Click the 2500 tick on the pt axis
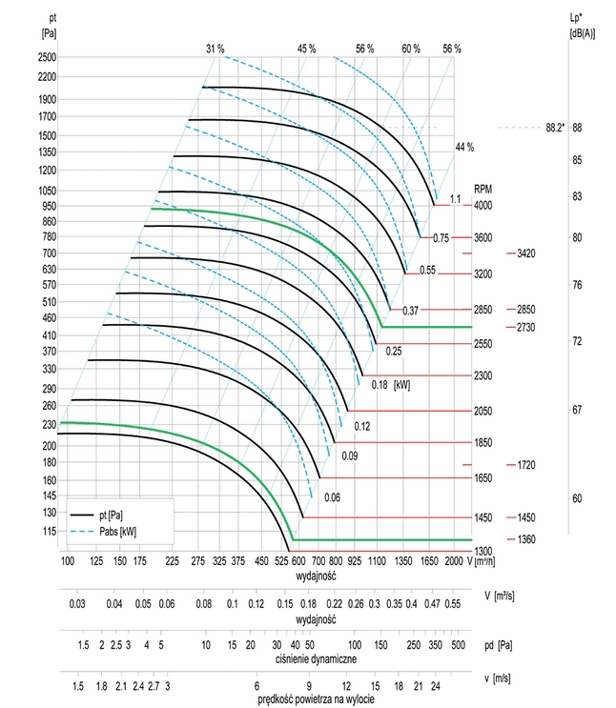[x=46, y=57]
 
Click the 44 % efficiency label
[x=464, y=147]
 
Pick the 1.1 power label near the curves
[x=455, y=197]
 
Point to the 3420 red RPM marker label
[x=526, y=253]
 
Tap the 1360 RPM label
[x=526, y=539]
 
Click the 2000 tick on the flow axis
[x=453, y=562]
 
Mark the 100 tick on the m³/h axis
[x=68, y=562]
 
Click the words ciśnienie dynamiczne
[x=318, y=658]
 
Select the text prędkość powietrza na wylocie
[x=318, y=700]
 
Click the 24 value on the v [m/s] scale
[x=435, y=686]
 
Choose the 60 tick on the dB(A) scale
[x=577, y=498]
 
